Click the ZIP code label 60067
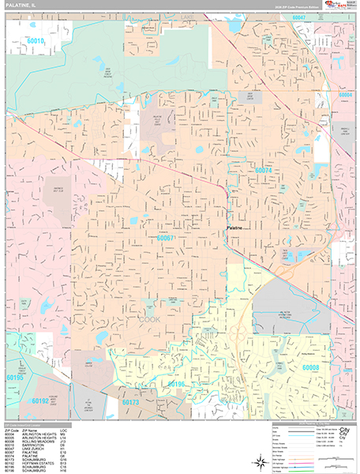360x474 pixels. (166, 237)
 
